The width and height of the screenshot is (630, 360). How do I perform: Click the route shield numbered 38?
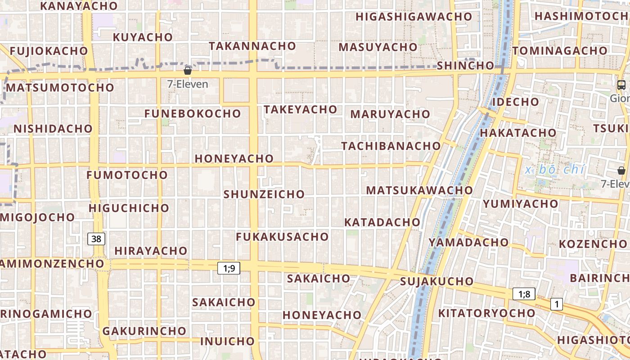click(96, 239)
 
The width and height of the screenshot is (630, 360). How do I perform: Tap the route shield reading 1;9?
click(229, 269)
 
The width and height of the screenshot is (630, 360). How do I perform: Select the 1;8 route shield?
click(524, 294)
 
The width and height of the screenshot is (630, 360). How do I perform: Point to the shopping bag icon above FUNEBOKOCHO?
click(188, 71)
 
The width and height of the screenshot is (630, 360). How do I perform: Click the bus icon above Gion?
click(621, 85)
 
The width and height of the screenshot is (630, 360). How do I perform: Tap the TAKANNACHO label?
click(252, 46)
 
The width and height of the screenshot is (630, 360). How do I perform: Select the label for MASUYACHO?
click(378, 47)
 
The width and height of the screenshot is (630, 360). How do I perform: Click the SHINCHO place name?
click(465, 65)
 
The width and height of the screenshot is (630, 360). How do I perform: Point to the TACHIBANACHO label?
click(391, 146)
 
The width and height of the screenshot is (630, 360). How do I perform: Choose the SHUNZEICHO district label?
click(264, 194)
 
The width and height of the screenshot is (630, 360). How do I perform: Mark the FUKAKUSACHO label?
click(282, 236)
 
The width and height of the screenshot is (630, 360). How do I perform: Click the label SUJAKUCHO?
click(437, 282)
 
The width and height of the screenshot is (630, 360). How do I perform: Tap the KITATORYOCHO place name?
click(487, 313)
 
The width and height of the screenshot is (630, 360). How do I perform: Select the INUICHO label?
click(227, 341)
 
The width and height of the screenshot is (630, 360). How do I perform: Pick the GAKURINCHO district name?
click(144, 331)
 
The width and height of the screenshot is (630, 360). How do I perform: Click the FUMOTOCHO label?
click(127, 175)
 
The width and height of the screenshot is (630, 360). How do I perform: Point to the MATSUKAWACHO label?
click(419, 190)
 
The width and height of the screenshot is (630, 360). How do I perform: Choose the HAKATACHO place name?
click(518, 133)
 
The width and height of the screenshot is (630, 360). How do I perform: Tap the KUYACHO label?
click(143, 37)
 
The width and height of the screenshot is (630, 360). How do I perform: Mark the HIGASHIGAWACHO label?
click(414, 17)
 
